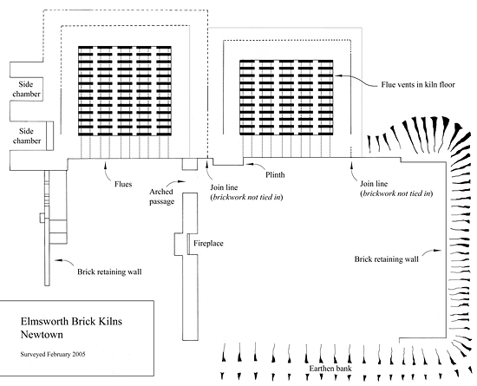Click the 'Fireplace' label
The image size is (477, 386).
[x=208, y=244]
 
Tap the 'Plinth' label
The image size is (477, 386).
[x=275, y=174]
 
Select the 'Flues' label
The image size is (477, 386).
[x=123, y=184]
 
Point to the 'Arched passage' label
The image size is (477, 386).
[x=161, y=197]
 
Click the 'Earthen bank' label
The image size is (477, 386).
[x=330, y=369]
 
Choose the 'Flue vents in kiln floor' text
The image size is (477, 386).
[x=418, y=84]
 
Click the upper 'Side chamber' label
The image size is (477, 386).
[x=26, y=89]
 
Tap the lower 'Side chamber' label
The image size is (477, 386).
[x=27, y=136]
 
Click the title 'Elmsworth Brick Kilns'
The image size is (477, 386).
[x=71, y=321]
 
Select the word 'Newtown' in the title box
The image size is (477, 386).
[x=42, y=335]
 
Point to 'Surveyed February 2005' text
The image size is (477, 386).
[x=53, y=354]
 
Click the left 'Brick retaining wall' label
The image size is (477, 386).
[x=109, y=272]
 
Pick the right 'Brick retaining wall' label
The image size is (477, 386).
[x=386, y=259]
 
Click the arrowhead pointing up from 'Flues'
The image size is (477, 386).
[x=106, y=165]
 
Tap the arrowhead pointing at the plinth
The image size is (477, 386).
[x=248, y=164]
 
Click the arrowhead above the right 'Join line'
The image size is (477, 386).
[x=351, y=166]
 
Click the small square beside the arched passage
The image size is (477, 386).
[x=190, y=164]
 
